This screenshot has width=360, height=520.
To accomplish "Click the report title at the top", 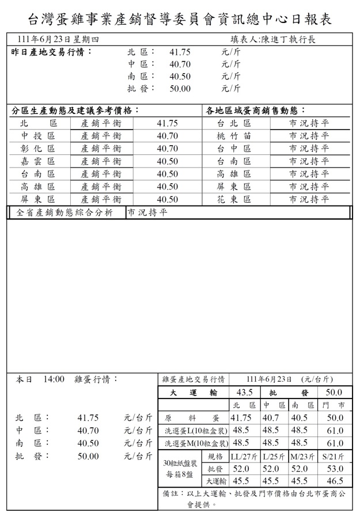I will (x=180, y=18).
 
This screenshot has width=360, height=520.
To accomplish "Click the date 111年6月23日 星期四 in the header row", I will (x=58, y=40).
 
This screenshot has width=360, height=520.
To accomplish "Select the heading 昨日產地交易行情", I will (x=52, y=52).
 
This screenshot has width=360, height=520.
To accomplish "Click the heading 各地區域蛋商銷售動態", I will (x=256, y=110).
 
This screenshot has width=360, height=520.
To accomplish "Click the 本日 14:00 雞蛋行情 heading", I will (x=67, y=379).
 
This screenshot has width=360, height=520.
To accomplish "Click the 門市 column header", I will (x=334, y=405).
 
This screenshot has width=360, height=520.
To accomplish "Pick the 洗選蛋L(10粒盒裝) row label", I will (x=195, y=431).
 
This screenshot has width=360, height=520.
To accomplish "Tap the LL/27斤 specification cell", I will (x=244, y=457).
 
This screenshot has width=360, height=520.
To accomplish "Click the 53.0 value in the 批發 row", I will (x=334, y=469).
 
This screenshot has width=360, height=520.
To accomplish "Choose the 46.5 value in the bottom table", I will (x=334, y=481).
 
